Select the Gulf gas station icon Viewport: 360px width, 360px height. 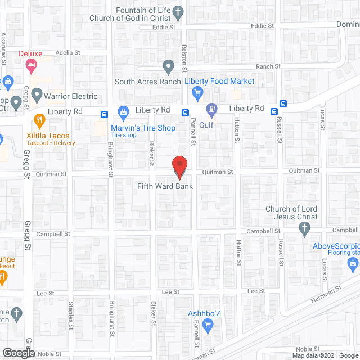point(211,108)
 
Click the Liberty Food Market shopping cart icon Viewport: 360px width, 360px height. point(197,92)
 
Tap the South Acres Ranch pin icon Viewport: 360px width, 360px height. point(168,67)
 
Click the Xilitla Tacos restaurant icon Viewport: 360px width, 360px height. point(39,119)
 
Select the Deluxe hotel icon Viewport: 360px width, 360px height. point(30,66)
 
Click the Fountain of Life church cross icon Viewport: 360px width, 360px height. point(178,11)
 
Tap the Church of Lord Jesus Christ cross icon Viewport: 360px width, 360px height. point(304,228)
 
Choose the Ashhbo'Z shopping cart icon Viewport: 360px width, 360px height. point(207,325)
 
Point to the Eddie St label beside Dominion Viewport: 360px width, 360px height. point(263,26)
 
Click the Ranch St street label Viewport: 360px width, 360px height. point(269,66)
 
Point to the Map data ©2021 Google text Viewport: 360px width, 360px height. point(325,355)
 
